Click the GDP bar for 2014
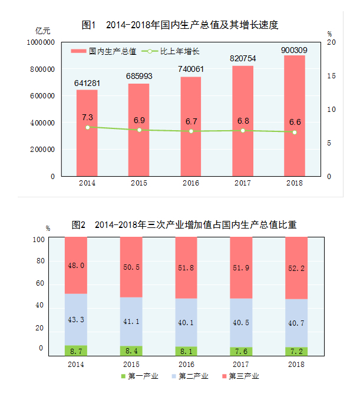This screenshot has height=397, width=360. click(x=87, y=133)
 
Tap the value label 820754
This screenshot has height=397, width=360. click(x=243, y=58)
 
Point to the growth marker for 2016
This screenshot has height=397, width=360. click(x=191, y=131)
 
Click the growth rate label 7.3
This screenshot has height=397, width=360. click(x=87, y=117)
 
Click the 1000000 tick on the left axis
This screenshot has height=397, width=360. click(x=41, y=43)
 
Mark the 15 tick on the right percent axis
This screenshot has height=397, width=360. click(x=331, y=77)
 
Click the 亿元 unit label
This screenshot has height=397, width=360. click(x=43, y=29)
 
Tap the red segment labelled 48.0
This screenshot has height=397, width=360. click(x=76, y=265)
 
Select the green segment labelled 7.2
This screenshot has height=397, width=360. click(x=296, y=351)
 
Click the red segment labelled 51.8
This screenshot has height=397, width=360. click(x=186, y=267)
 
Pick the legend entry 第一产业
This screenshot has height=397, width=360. click(x=140, y=376)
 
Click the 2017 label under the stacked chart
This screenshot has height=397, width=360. click(x=241, y=364)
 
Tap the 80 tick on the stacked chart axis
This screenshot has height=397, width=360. click(x=41, y=261)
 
